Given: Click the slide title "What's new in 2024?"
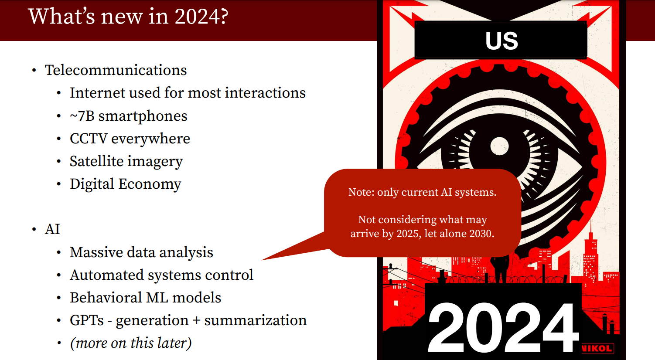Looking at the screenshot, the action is coord(128,17).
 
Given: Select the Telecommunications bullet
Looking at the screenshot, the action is coord(116,70).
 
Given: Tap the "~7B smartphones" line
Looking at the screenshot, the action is coord(128,116).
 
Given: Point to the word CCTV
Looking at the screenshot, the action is coord(89,139).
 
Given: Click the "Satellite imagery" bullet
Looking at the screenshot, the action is coord(126,162).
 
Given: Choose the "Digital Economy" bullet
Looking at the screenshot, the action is coord(126,184).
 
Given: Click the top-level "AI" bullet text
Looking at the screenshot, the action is coord(52,229).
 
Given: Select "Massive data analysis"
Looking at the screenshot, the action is coord(142,252).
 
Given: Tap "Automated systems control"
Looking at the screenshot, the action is coord(161,275).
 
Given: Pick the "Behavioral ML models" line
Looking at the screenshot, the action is coord(145,298).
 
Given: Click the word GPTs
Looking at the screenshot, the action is coord(86,320).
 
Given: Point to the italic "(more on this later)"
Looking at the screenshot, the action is coord(131,343).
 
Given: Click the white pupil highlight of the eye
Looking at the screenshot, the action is coord(499,146).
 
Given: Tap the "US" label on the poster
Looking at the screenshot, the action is coord(502,41).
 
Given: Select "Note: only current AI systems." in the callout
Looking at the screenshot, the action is coord(422,192).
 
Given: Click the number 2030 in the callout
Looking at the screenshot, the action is coord(481,234).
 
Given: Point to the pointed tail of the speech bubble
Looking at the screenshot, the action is coord(262,259).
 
